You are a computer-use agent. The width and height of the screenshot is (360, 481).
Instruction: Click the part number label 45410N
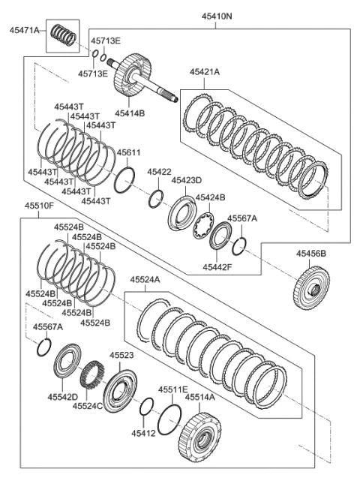pos(217,17)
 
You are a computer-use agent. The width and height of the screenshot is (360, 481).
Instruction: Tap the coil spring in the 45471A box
pos(63,35)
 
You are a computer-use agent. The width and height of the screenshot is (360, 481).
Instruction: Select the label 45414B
pos(130,113)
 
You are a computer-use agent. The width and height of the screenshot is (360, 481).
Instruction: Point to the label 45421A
pos(205,72)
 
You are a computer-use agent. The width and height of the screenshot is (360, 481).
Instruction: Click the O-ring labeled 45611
pos(124,180)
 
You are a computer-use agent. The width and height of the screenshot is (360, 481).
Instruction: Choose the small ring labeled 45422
pos(156,199)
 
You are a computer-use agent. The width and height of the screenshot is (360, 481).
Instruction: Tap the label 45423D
pos(187,180)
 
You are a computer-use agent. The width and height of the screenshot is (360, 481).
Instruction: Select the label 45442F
pos(217,267)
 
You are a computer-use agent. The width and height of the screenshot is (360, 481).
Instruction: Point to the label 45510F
pos(39,206)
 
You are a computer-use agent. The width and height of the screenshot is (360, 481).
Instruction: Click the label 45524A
pos(145,279)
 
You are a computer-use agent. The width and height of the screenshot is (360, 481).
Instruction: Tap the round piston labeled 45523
pos(119,391)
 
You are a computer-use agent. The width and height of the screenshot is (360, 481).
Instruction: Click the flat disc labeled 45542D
pos(67,362)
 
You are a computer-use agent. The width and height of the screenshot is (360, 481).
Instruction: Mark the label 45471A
pos(25,30)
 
